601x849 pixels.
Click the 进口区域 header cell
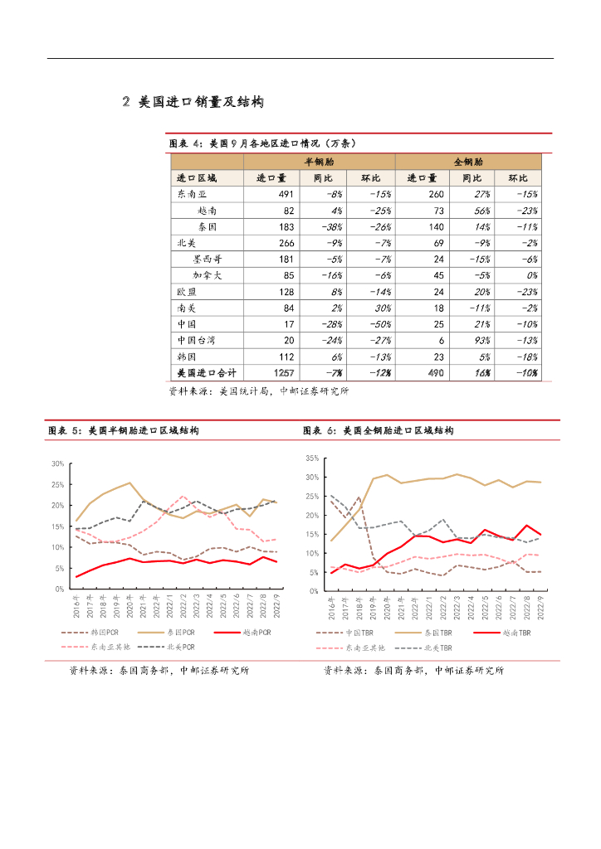point(196,178)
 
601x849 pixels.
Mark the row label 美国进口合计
point(202,372)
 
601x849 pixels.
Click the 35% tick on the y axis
point(312,458)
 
